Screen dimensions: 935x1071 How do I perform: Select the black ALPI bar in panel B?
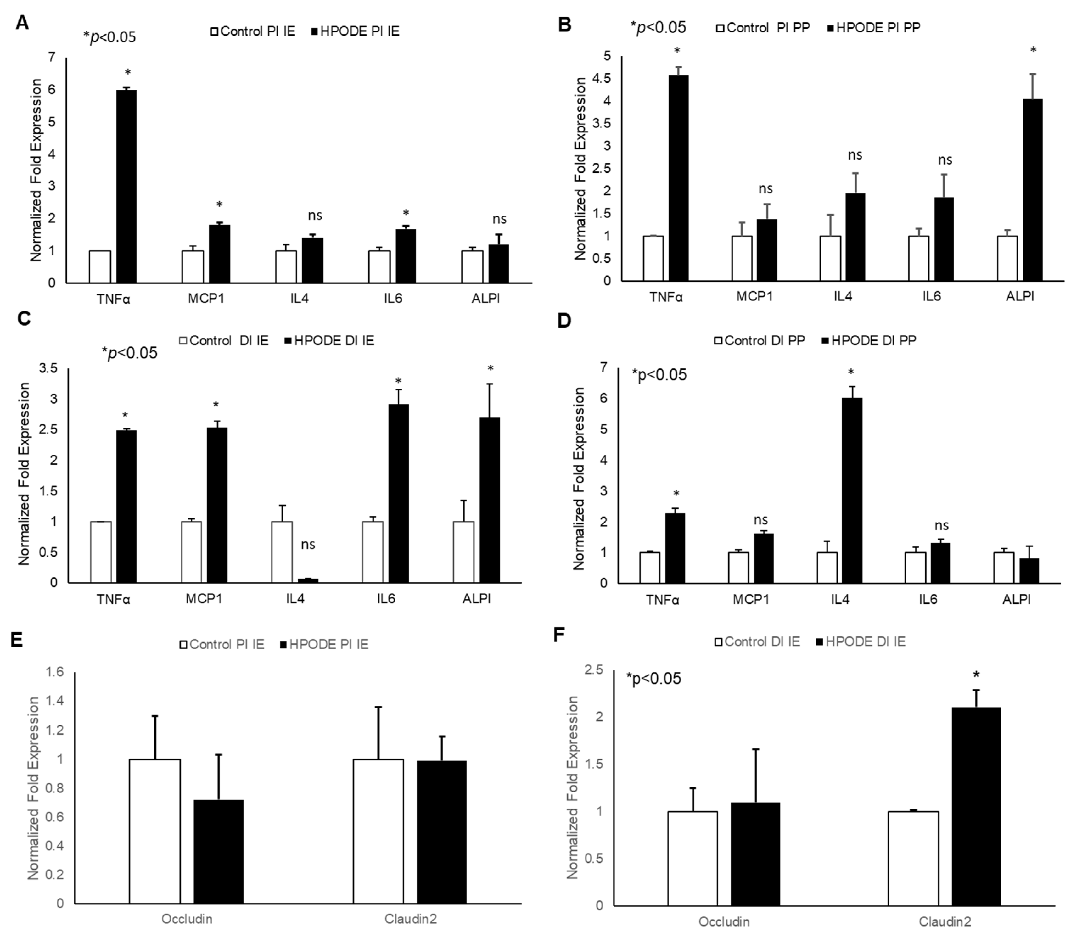tap(1032, 190)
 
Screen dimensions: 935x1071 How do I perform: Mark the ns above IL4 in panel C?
tap(308, 545)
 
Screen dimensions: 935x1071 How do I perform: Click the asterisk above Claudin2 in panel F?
tap(976, 676)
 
